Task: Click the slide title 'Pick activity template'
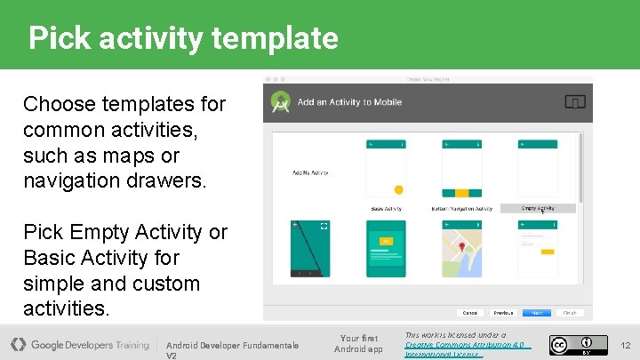(x=183, y=38)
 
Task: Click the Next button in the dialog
(x=536, y=313)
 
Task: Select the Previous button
(x=503, y=313)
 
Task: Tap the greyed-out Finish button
(x=569, y=313)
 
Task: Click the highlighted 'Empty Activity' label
(x=538, y=209)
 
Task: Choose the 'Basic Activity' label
(x=386, y=209)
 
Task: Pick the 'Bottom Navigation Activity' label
(x=461, y=209)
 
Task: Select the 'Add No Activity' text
(x=310, y=172)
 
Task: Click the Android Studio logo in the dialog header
(x=281, y=102)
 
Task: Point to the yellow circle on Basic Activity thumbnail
(x=398, y=189)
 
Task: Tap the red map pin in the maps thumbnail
(x=462, y=246)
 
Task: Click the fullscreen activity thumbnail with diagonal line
(x=310, y=250)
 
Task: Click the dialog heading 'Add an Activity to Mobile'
(x=349, y=102)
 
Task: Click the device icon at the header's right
(x=575, y=102)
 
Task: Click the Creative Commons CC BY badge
(x=572, y=344)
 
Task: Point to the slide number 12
(x=625, y=345)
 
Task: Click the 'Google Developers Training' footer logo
(x=80, y=345)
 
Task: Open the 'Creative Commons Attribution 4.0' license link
(x=464, y=345)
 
